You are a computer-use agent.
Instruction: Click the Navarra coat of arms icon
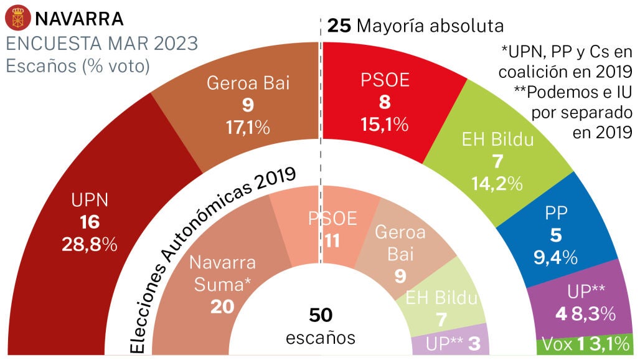click(17, 18)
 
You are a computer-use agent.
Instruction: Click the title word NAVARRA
click(79, 19)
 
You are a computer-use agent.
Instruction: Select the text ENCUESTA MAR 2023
click(101, 44)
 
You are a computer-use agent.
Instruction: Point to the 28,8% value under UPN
click(90, 245)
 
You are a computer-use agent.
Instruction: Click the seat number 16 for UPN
click(90, 222)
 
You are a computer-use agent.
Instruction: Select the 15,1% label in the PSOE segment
click(384, 124)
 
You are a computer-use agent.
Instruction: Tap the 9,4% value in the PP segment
click(555, 256)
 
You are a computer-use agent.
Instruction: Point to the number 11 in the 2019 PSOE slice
click(332, 240)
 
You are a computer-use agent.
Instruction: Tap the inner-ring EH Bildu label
click(441, 298)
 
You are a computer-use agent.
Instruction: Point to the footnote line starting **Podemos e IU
click(573, 92)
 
